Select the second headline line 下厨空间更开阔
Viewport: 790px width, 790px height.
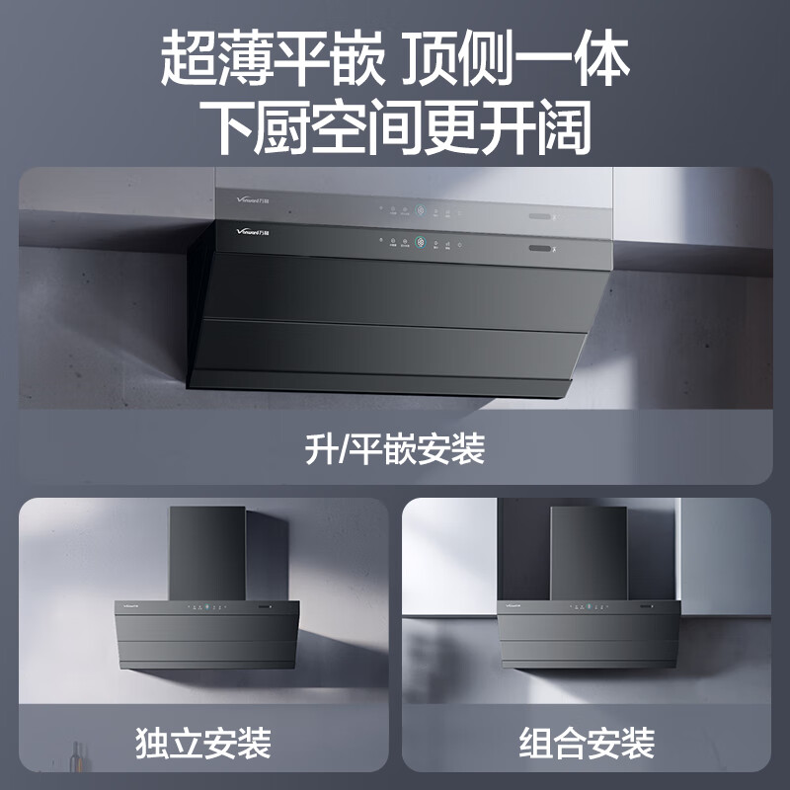(395, 125)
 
